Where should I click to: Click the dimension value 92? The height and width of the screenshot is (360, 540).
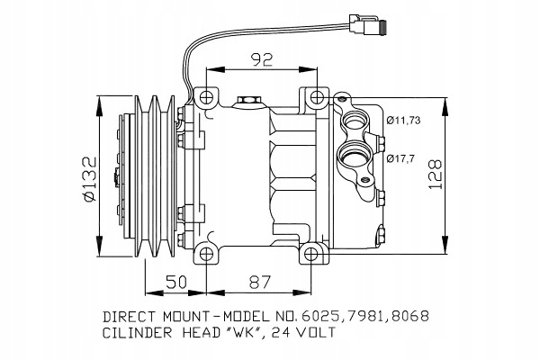pos(262,59)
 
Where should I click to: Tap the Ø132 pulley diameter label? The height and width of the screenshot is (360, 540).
pos(88,179)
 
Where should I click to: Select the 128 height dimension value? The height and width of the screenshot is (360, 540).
pos(435,174)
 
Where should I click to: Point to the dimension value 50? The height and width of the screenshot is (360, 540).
pos(176,282)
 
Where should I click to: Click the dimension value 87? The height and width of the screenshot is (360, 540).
pos(260,282)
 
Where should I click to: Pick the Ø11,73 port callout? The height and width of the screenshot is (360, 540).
pos(403,121)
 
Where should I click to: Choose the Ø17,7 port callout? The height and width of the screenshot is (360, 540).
pos(400,158)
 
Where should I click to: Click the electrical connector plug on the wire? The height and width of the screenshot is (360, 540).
pos(367,23)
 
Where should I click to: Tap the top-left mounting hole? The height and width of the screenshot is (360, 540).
pos(206,98)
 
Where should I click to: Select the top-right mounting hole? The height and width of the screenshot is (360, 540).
pos(317,98)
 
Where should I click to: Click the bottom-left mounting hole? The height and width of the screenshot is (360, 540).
pos(206,254)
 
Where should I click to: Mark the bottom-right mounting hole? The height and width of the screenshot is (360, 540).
pos(311,254)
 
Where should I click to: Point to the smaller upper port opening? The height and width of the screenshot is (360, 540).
pos(354,122)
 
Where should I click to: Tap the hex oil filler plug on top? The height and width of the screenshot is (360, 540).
pos(248,102)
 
